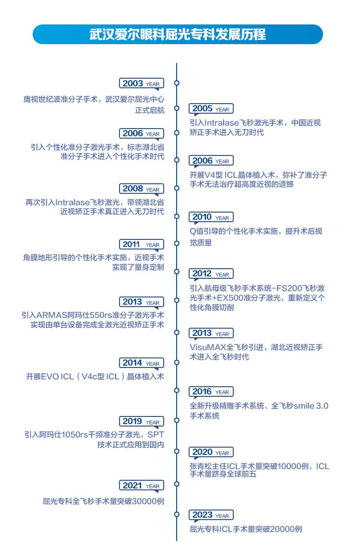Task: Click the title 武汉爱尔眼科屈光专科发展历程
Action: point(177,35)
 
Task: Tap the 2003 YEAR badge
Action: point(142,83)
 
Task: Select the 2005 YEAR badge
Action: point(211,109)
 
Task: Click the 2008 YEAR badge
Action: point(142,189)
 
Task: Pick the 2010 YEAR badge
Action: point(211,217)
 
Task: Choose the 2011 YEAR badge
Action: point(142,245)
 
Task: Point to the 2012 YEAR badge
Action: point(211,273)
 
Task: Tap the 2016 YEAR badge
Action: point(211,392)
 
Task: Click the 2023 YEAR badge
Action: point(211,515)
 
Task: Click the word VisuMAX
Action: point(207,347)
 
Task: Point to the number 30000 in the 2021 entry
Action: point(144,501)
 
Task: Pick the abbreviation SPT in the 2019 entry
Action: point(156,435)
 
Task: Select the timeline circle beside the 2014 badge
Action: point(177,363)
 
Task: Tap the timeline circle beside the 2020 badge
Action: point(177,451)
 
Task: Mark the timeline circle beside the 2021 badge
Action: point(177,484)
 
